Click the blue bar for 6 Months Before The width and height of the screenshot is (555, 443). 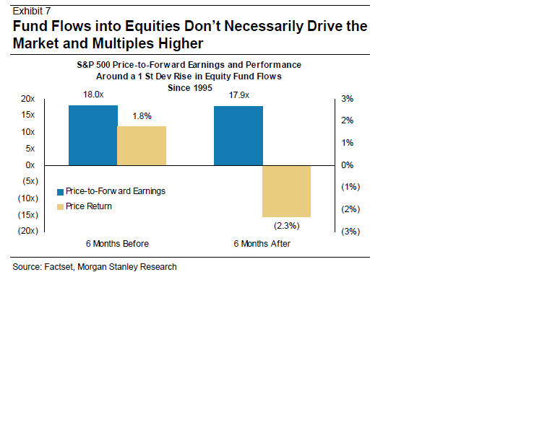(93, 136)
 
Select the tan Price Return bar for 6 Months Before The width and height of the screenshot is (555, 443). (142, 146)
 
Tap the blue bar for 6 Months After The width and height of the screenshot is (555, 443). (238, 136)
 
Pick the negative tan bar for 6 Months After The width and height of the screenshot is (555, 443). (287, 191)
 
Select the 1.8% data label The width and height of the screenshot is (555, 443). (142, 115)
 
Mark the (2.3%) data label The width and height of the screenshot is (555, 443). (287, 225)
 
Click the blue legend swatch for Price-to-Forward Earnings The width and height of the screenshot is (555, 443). (61, 192)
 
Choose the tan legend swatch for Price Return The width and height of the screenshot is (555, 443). (61, 207)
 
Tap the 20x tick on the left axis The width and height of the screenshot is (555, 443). (29, 99)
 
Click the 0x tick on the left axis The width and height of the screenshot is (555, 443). (31, 165)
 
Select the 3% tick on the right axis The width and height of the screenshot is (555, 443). (347, 99)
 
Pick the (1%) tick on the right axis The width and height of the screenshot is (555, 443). (350, 187)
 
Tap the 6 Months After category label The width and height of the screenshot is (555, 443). (262, 244)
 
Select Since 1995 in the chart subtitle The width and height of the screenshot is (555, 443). (189, 86)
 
